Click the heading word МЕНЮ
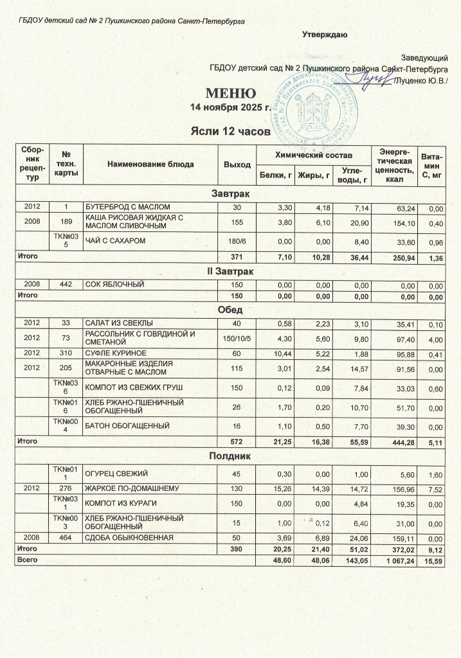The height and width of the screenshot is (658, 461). pos(231,93)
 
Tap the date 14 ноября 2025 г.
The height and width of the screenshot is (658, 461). pos(231,107)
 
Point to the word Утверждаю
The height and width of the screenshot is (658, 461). pos(325,34)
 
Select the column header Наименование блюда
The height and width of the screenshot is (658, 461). pos(150,164)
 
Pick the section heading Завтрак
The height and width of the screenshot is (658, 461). pos(231,193)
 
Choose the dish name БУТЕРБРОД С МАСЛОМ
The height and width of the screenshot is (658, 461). pos(128,207)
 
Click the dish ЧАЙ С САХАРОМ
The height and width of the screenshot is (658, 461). pos(116,240)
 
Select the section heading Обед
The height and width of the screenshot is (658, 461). pos(231,309)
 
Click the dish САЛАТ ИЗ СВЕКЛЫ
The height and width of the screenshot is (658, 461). pos(120,322)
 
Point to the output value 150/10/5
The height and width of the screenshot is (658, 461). pos(237,337)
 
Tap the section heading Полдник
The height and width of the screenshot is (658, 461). pos(231,456)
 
